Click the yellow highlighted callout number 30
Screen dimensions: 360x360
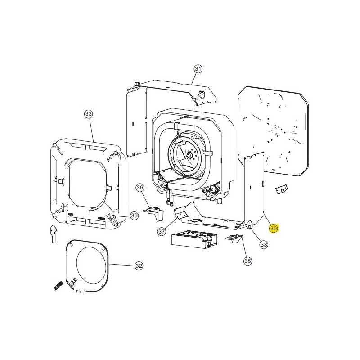[x=274, y=229]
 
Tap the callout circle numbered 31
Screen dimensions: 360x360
[x=198, y=69]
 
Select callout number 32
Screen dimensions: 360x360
[x=139, y=265]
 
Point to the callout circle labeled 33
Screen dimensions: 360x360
[x=89, y=114]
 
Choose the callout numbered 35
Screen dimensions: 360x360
[x=248, y=261]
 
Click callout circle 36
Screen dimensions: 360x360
[x=140, y=188]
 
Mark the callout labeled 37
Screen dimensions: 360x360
[x=162, y=231]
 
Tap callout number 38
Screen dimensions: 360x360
[x=264, y=244]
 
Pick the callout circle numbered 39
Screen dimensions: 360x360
[x=135, y=216]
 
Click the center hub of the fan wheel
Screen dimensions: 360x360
[x=189, y=155]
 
